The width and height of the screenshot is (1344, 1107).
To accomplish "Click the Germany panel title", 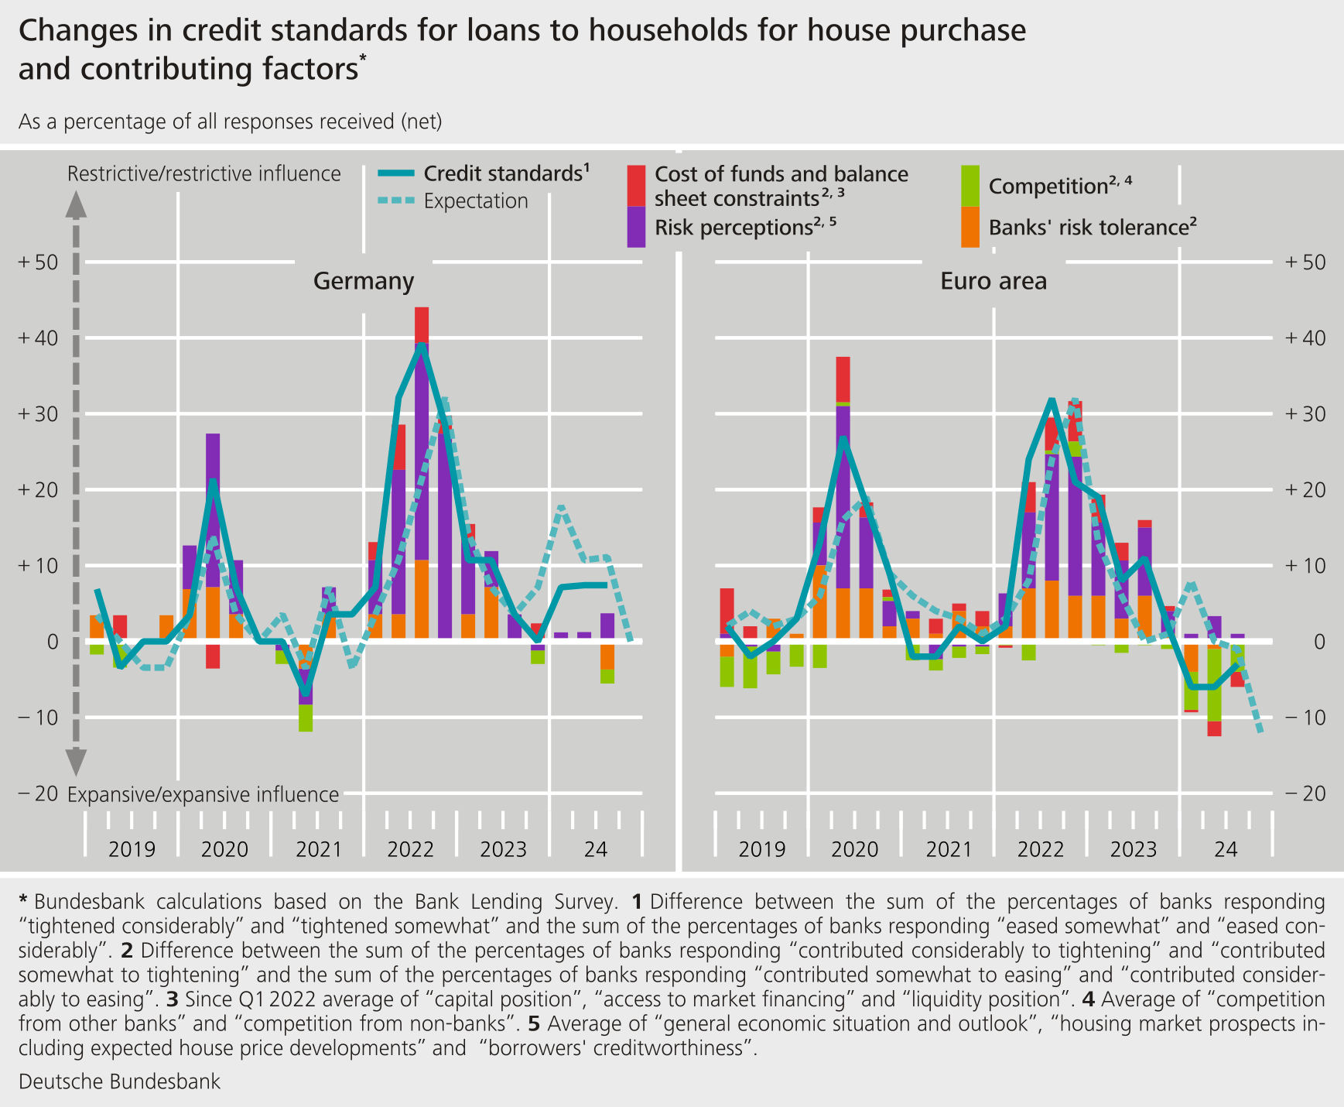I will point(363,280).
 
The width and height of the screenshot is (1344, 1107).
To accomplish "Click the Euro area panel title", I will point(993,280).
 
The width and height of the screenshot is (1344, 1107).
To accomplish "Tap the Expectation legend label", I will point(475,201).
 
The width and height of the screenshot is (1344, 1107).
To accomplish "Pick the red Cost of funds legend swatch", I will point(636,185).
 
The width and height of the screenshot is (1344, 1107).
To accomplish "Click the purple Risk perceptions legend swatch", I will point(636,227).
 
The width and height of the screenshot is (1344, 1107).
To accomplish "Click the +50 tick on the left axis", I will point(38,262).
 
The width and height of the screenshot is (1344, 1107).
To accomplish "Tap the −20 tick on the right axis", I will point(1305,793).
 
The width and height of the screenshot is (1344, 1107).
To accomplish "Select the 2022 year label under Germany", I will point(410,849).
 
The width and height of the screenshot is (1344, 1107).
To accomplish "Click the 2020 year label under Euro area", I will point(854,849).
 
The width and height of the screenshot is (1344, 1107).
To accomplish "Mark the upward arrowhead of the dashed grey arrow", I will point(75,205).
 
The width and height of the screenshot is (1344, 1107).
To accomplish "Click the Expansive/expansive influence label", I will point(203,795).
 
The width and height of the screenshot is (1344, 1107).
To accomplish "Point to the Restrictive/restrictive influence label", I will point(203,173).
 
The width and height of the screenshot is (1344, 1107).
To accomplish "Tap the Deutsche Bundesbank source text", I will point(119,1081).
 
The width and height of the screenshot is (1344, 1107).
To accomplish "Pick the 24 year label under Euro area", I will point(1226,849).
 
